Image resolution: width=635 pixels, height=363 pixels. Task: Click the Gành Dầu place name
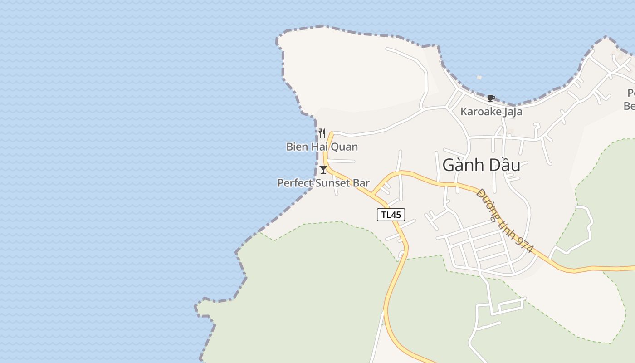point(481,165)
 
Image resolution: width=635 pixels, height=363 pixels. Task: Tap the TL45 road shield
point(391,215)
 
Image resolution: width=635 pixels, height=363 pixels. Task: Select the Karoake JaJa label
point(491,112)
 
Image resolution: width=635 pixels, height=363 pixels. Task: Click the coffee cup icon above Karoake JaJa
point(490,98)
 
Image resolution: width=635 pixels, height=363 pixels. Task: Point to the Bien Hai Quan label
point(322,147)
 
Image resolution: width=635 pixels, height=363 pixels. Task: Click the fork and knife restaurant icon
point(322,133)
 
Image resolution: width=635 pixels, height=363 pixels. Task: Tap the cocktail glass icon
point(323,170)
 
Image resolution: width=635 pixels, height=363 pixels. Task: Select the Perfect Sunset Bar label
point(323,183)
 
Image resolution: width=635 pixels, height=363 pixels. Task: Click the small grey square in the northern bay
point(479,78)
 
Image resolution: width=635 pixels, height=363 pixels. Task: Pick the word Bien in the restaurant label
point(296,147)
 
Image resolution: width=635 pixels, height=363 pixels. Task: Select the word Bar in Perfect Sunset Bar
point(361,183)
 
